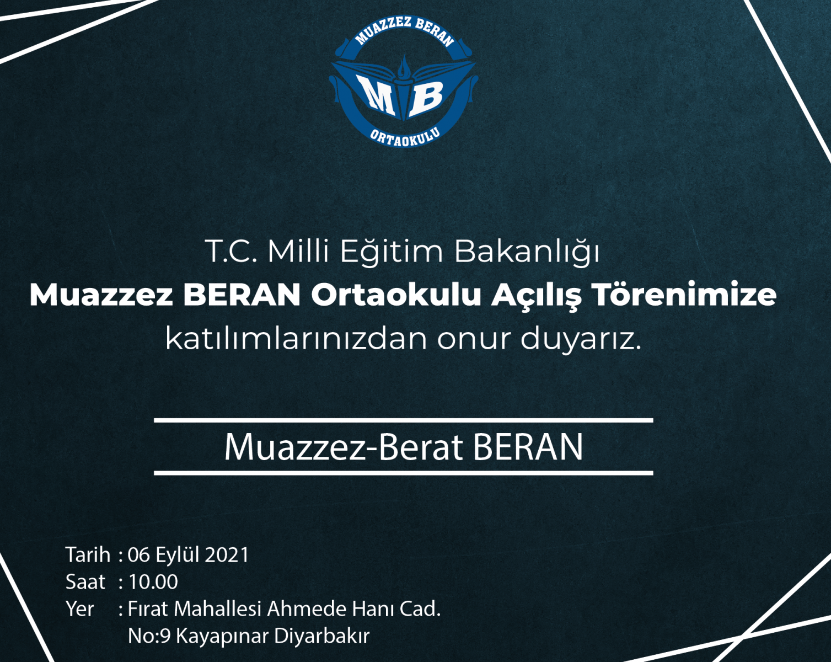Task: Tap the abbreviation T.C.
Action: pos(233,252)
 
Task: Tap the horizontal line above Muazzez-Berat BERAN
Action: pos(404,420)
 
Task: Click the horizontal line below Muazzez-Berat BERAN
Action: pos(404,473)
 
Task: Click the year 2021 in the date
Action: pos(227,555)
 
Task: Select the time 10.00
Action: pos(153,582)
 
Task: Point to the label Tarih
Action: pos(88,555)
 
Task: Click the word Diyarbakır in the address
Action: pos(322,636)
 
